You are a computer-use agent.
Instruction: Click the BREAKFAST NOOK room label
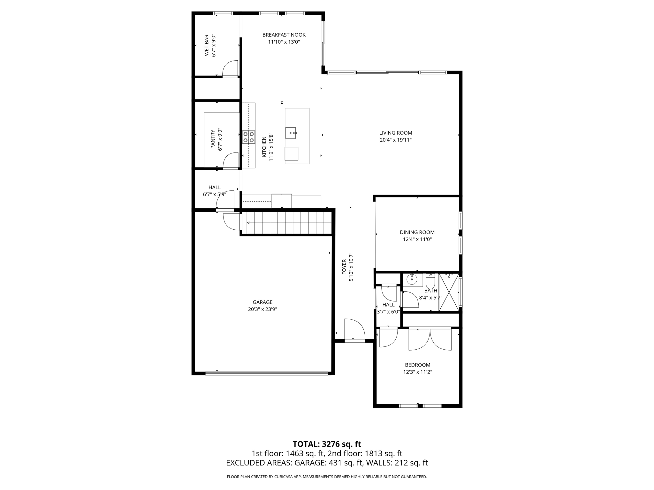pyautogui.click(x=284, y=35)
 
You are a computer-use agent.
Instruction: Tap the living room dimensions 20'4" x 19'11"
pyautogui.click(x=395, y=140)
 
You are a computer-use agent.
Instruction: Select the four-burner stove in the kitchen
pyautogui.click(x=248, y=137)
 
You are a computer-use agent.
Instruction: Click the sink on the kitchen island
pyautogui.click(x=291, y=133)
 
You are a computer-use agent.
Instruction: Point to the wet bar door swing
pyautogui.click(x=230, y=68)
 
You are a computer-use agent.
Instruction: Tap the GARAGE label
pyautogui.click(x=262, y=302)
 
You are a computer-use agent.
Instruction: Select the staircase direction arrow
pyautogui.click(x=248, y=223)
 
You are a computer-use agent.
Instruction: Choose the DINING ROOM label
pyautogui.click(x=417, y=232)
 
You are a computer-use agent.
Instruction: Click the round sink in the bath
pyautogui.click(x=412, y=280)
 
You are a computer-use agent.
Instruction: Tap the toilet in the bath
pyautogui.click(x=430, y=282)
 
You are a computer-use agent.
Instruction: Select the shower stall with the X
pyautogui.click(x=449, y=292)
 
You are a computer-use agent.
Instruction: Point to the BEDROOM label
pyautogui.click(x=417, y=365)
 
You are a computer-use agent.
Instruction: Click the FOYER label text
pyautogui.click(x=344, y=267)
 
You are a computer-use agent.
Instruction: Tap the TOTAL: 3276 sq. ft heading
pyautogui.click(x=327, y=444)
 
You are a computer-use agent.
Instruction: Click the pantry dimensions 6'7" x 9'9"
pyautogui.click(x=220, y=139)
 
